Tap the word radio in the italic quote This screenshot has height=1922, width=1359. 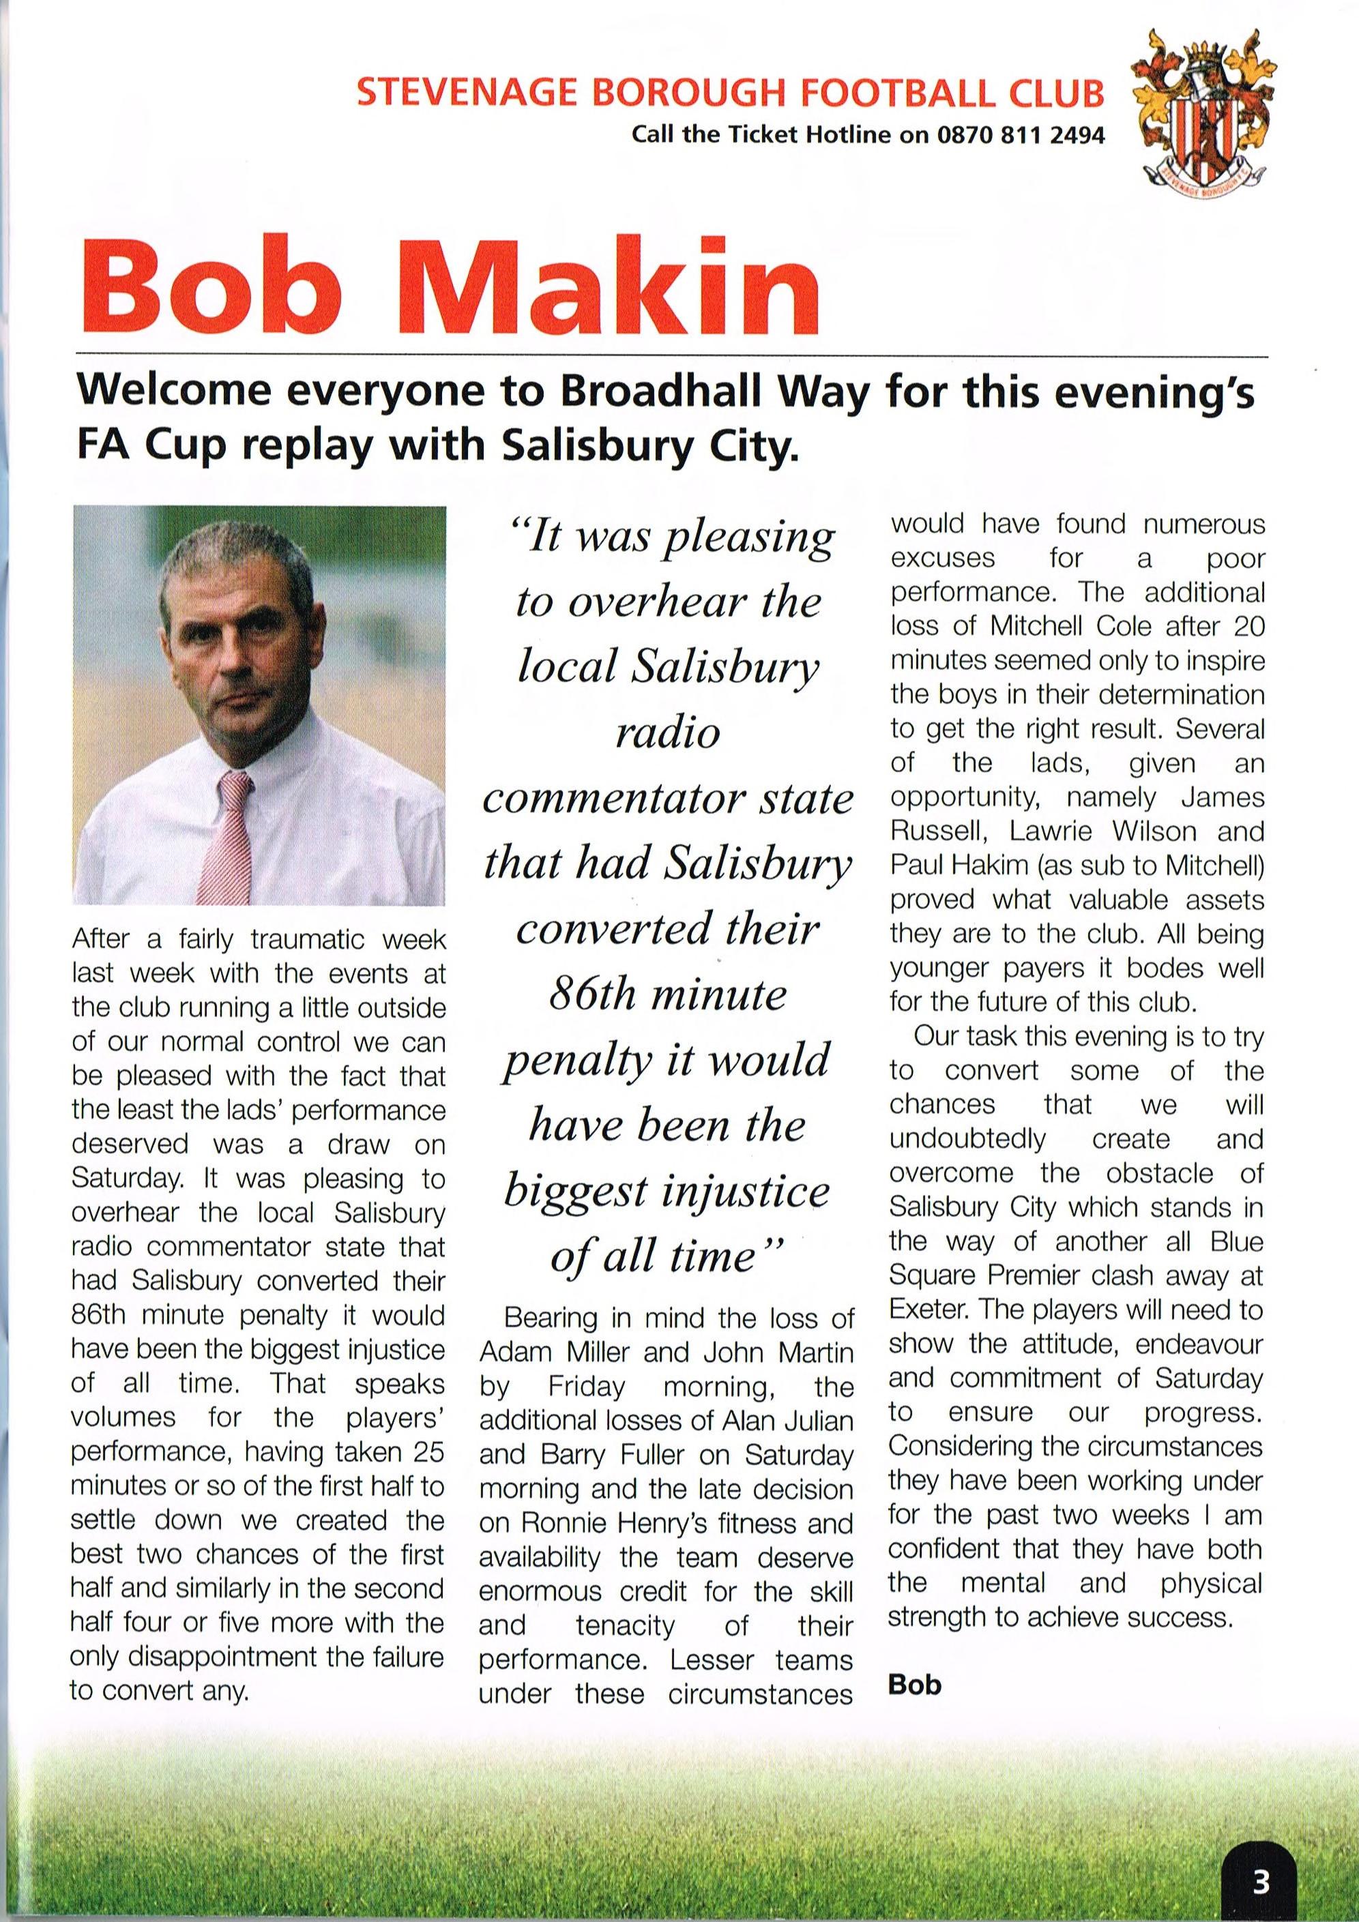pos(667,733)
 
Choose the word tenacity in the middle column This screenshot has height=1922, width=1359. pos(625,1626)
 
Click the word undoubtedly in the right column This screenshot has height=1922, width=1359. pos(967,1139)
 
